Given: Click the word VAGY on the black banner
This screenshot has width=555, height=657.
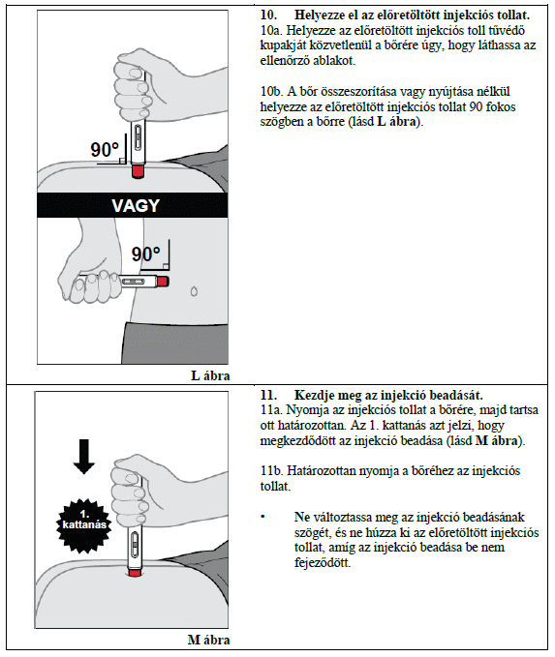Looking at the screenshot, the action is tap(136, 206).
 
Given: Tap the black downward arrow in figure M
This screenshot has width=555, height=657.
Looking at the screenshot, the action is tap(84, 457).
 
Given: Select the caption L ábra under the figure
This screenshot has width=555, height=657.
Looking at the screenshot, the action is tap(210, 375).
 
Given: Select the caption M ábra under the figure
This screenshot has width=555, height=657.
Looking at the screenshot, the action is tap(208, 640).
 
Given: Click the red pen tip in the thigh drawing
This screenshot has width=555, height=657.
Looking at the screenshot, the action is tap(138, 172).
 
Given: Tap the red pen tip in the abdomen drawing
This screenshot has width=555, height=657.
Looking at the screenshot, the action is tap(163, 281).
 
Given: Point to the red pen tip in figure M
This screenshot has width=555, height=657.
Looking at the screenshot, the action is tap(135, 573).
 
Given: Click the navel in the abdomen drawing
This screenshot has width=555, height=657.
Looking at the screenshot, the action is tap(194, 291).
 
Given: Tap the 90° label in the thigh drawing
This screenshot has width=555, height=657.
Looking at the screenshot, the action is tap(105, 150).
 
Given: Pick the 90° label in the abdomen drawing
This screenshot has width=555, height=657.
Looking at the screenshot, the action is tap(145, 254).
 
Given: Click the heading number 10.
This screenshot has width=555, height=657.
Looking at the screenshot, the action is tap(268, 15).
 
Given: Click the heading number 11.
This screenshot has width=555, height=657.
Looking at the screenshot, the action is tap(268, 395).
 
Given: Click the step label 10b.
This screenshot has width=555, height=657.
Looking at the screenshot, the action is tap(271, 91).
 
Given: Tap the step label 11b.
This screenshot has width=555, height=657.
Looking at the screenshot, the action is tap(271, 471).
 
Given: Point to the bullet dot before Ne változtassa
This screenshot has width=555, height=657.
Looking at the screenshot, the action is tap(263, 517).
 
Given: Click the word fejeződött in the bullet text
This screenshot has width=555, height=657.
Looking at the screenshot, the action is tap(323, 562).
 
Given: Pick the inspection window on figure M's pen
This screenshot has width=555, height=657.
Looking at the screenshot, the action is tap(135, 545).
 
